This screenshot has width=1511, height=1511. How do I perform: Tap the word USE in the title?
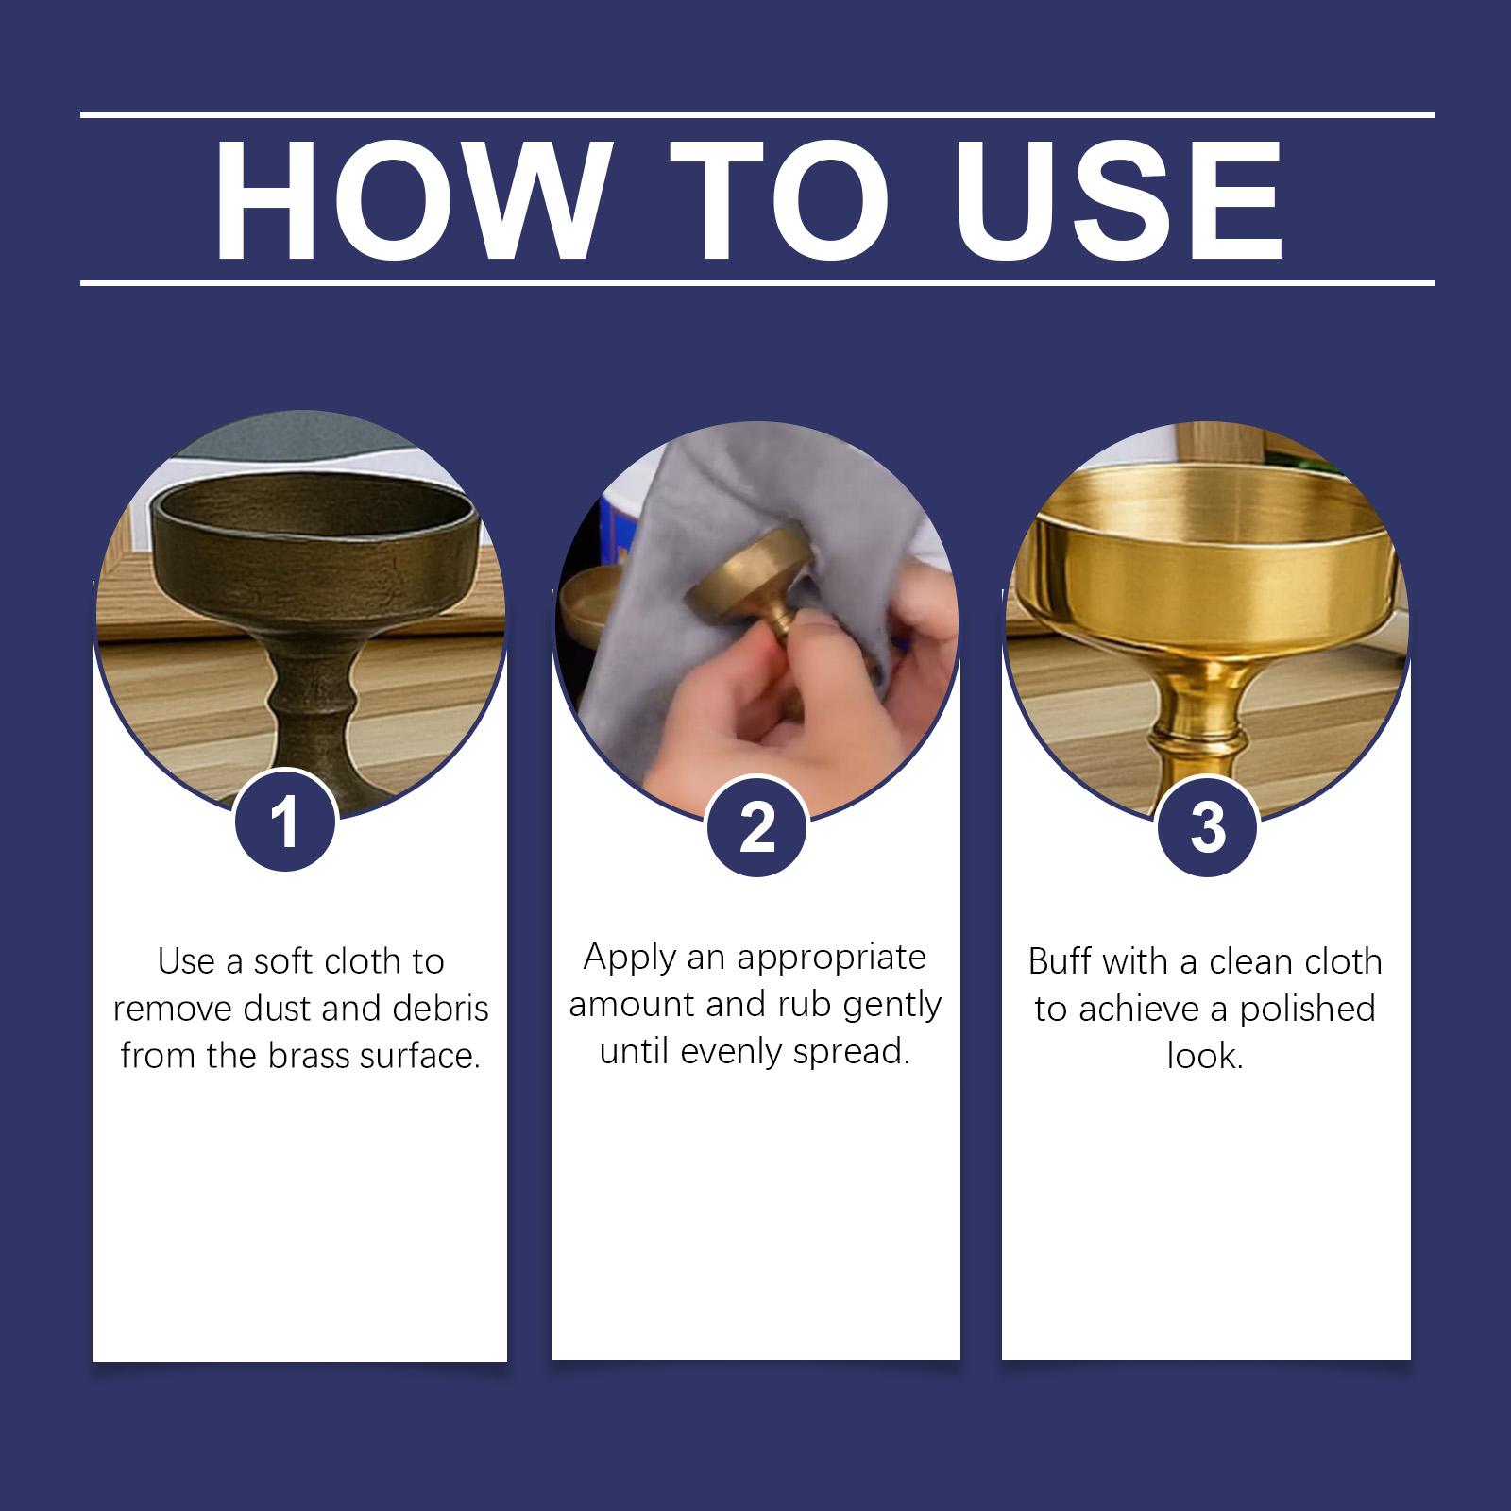tap(1121, 200)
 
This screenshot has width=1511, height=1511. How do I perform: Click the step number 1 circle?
tap(285, 822)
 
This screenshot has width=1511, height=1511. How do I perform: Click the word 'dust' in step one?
tap(277, 1009)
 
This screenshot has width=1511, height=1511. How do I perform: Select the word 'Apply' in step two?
tap(630, 959)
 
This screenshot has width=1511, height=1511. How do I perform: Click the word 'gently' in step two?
tap(892, 1007)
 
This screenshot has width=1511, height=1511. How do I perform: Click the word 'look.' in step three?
tap(1205, 1056)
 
